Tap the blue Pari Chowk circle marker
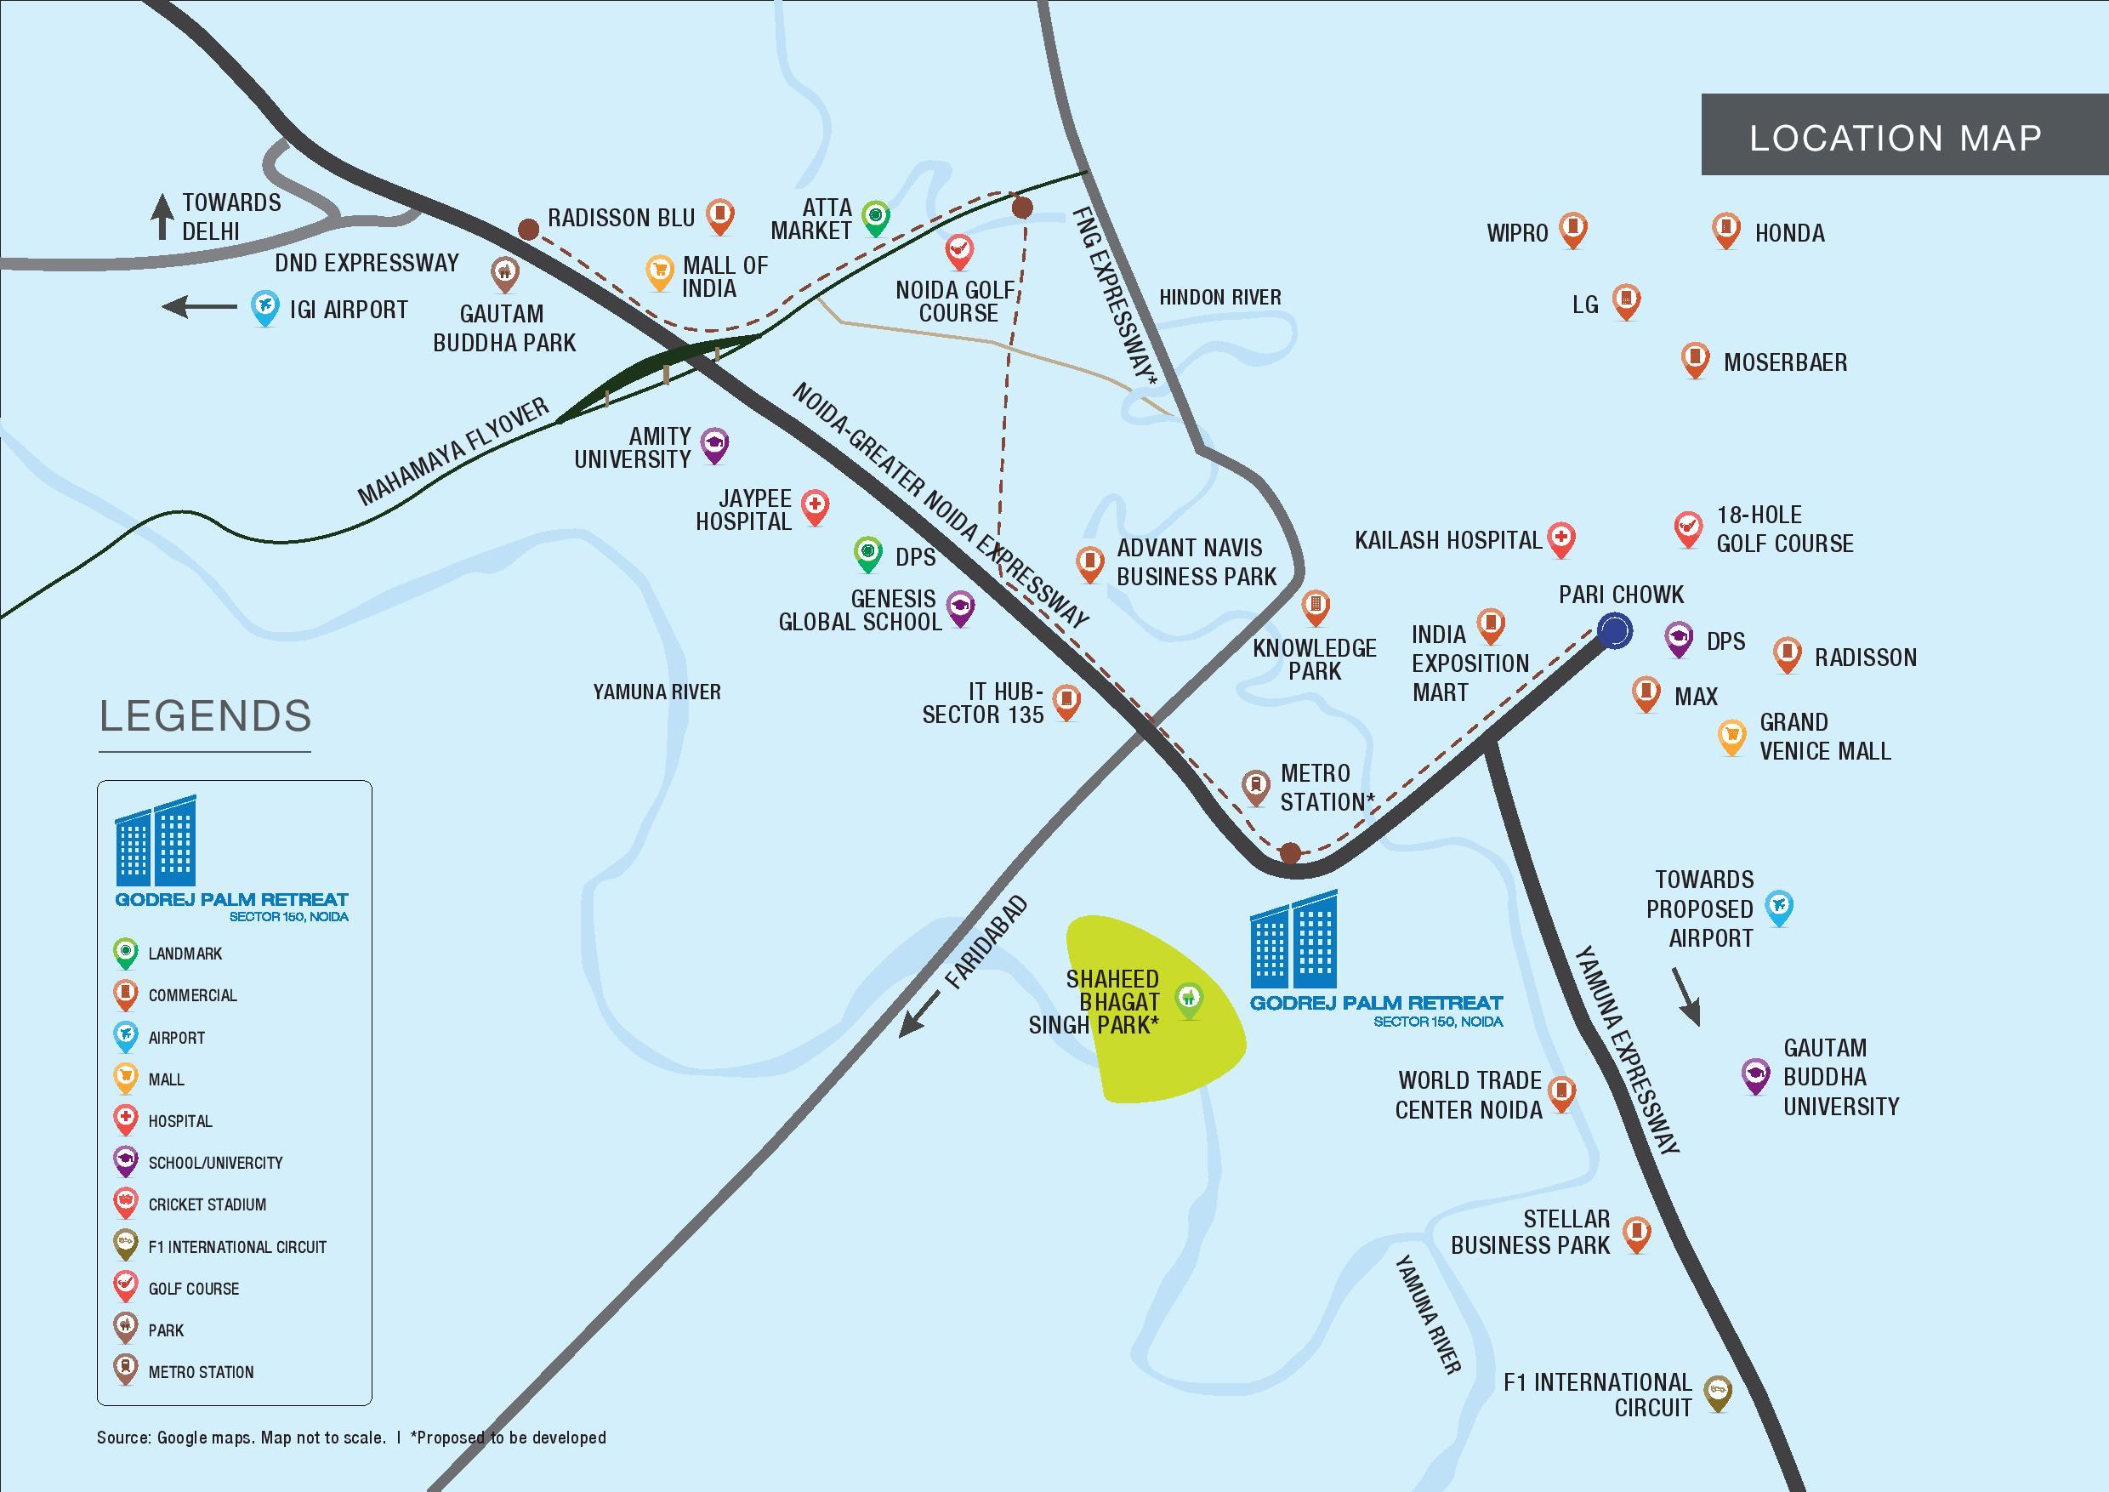[1615, 631]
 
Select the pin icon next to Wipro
[1573, 231]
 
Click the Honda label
[1789, 233]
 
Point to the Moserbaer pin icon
[1695, 360]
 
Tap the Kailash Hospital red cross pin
[1561, 540]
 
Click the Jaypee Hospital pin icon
[815, 507]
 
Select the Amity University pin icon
[714, 446]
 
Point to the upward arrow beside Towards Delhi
[162, 217]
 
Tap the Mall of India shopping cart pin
[660, 273]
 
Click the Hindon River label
[1219, 298]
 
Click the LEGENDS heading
[206, 715]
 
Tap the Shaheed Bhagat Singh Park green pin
[1189, 1001]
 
